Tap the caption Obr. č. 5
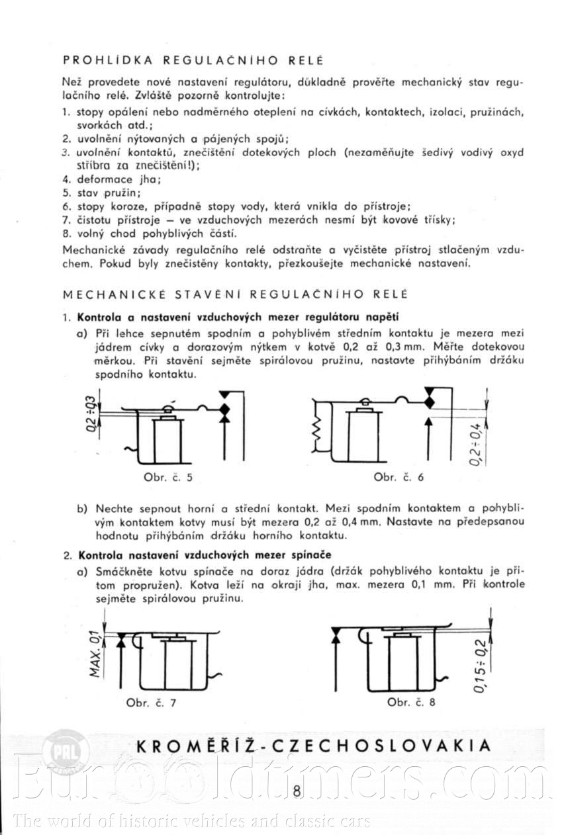point(167,477)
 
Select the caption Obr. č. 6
point(398,477)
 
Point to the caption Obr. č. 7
point(151,703)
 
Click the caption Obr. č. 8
point(411,702)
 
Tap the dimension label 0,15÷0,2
point(481,666)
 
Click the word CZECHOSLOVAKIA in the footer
point(389,746)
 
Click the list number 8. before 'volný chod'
point(67,234)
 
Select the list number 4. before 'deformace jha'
point(67,179)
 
